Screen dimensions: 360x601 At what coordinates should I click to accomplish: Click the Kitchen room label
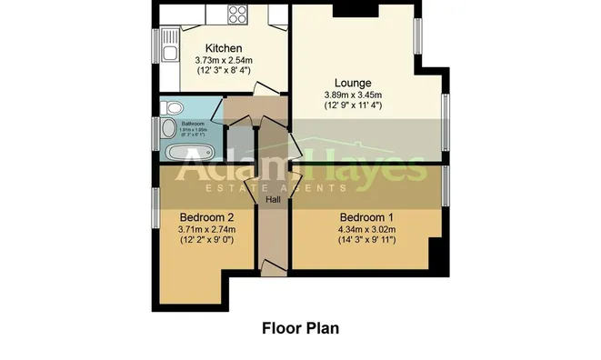click(222, 48)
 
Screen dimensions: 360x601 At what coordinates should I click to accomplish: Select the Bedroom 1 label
click(366, 217)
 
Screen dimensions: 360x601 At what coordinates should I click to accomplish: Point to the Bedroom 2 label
click(207, 217)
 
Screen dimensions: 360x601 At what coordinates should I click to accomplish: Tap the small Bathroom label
click(193, 123)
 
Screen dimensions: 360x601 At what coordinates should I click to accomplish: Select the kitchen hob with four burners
click(237, 15)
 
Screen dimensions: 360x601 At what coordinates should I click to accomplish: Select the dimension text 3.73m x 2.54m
click(222, 60)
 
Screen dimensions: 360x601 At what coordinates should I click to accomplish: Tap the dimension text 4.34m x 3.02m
click(366, 230)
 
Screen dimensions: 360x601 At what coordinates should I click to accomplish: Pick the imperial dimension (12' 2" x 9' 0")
click(207, 242)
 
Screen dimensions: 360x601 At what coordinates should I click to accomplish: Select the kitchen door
click(260, 88)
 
